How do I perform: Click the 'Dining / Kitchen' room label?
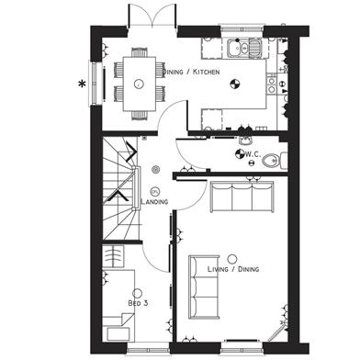192,72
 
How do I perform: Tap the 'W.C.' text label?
253,154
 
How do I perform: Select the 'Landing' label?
154,201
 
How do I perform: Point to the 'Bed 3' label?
138,303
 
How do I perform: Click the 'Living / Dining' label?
233,269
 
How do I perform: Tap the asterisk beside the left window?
82,84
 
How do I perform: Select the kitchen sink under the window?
244,48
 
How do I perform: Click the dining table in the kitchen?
140,84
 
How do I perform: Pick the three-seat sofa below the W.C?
242,197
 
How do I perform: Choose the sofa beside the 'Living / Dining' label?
204,287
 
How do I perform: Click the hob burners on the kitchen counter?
271,84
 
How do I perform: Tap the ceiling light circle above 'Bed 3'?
138,293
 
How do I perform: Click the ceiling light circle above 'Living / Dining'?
232,259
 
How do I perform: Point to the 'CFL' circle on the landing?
155,191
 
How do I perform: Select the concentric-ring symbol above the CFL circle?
156,169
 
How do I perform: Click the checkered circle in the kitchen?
235,84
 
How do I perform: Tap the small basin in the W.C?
245,141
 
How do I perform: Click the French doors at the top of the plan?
152,17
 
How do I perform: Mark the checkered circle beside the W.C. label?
240,153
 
